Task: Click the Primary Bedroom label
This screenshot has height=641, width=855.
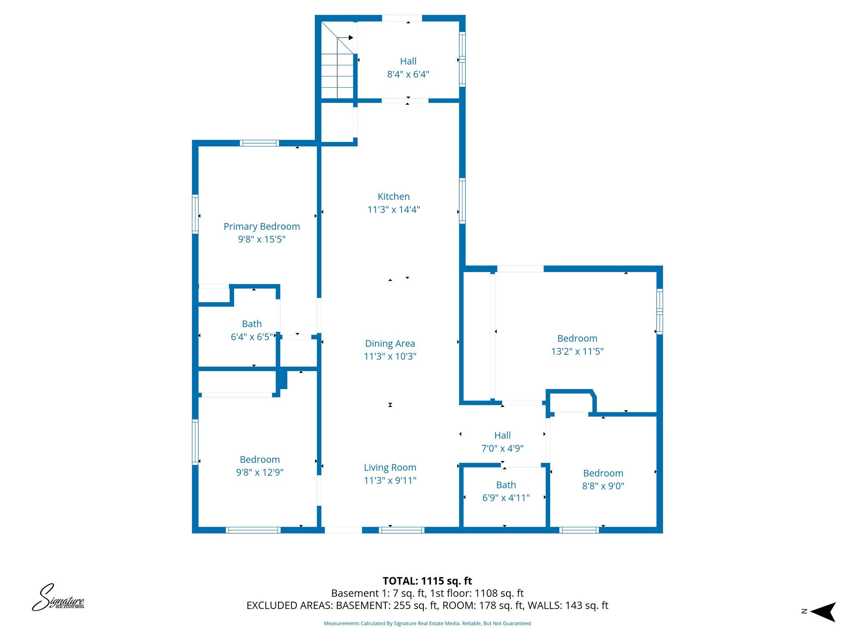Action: [262, 226]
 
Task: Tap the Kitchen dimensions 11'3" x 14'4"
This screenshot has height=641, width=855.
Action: [393, 209]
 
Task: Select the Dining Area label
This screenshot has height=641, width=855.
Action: [390, 343]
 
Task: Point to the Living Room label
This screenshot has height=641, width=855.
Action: [390, 467]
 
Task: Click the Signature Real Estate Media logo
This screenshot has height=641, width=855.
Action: [58, 598]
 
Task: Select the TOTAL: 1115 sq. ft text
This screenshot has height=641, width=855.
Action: [427, 581]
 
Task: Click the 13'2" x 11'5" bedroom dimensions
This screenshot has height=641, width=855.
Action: [577, 351]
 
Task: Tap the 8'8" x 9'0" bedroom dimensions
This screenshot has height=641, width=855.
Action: [603, 486]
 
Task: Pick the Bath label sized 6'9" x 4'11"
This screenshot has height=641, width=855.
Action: [506, 485]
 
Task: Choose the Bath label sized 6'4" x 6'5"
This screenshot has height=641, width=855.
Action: [252, 324]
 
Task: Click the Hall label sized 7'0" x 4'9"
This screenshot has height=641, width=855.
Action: [502, 435]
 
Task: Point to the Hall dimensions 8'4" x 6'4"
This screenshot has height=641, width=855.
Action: [408, 74]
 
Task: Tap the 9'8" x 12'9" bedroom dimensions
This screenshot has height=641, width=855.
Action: [260, 472]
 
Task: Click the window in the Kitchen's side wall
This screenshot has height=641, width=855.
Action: [462, 201]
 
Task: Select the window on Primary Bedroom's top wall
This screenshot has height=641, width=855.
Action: [259, 143]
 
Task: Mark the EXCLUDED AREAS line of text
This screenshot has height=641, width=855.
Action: [427, 606]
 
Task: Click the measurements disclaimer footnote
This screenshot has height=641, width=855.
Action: [427, 623]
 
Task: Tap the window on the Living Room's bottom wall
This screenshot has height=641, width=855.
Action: [401, 530]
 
